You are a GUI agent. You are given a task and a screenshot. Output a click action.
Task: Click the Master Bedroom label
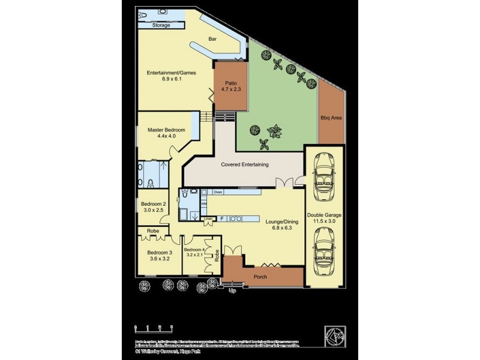click(x=166, y=130)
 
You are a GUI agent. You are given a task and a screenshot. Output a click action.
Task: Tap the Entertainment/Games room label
click(x=164, y=74)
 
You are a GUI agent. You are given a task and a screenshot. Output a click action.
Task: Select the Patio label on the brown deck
click(x=232, y=83)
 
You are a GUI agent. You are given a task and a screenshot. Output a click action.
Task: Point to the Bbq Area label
click(x=331, y=118)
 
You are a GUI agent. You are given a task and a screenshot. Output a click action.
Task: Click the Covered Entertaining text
click(x=245, y=164)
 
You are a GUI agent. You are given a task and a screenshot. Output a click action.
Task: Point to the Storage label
click(x=160, y=26)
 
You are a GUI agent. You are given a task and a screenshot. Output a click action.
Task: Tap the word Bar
click(x=212, y=39)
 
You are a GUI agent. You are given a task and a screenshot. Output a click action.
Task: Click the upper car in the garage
click(x=324, y=175)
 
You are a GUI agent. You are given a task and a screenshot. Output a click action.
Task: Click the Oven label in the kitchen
click(x=218, y=192)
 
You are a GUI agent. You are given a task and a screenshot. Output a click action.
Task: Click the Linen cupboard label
click(x=208, y=218)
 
